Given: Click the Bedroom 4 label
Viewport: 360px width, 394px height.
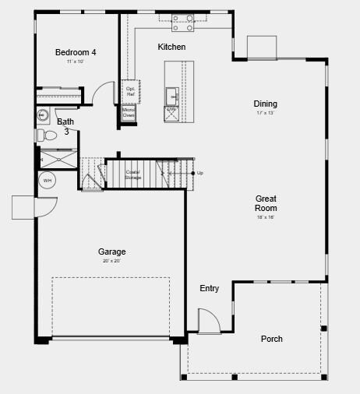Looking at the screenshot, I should coord(76,52).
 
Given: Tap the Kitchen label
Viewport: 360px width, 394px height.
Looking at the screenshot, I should coord(171,47).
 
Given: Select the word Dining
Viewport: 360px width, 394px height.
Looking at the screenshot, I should coord(265,104).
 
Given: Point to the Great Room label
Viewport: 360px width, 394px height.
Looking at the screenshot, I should coord(266,203).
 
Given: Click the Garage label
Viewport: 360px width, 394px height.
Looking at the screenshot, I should coord(112,252).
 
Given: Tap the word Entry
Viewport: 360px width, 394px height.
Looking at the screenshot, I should coord(210,288).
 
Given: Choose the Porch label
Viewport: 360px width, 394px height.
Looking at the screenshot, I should coord(272,339).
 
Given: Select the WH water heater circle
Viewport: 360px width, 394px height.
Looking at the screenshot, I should coord(48,181).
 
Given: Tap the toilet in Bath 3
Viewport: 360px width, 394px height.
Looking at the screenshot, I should coord(48,135).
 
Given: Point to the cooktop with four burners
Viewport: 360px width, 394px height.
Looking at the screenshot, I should coord(183,23).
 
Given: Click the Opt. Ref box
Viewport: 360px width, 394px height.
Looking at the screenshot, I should coord(130,91).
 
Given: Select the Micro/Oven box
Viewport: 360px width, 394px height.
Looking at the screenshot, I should coord(129,113).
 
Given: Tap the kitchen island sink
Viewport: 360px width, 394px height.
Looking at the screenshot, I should coord(171,95).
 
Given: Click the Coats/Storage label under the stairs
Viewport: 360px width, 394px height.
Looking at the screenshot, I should coord(133,175).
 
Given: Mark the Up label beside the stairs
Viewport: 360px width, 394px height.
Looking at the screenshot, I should coord(200,173).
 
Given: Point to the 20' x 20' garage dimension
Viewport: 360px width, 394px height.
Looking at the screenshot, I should coord(112,261).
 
